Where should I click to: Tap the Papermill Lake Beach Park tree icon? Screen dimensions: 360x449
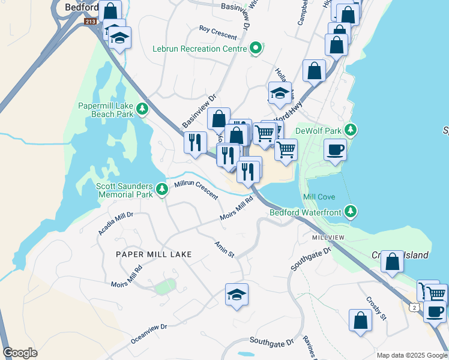(142, 109)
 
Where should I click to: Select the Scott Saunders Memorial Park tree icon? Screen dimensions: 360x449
(161, 190)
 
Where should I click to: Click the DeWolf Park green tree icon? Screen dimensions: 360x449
(351, 130)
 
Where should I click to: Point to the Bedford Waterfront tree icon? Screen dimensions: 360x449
(351, 212)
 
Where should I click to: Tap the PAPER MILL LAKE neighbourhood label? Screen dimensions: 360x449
(154, 254)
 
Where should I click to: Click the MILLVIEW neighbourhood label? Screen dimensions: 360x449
(328, 238)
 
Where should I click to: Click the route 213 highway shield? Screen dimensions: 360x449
(90, 22)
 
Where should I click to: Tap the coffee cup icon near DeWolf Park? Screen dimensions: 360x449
(335, 149)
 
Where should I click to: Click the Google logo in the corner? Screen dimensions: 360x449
(20, 353)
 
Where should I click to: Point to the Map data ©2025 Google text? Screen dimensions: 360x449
(412, 355)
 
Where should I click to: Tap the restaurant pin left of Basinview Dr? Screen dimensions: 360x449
(194, 143)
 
